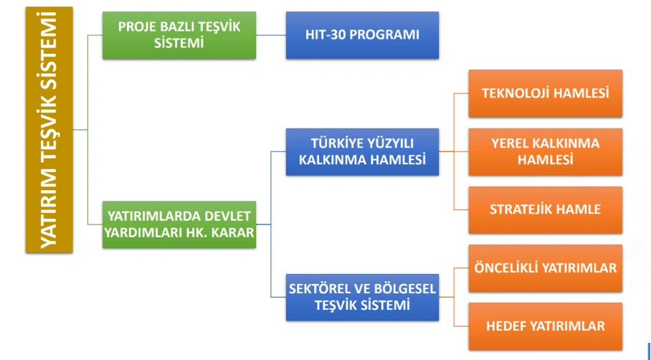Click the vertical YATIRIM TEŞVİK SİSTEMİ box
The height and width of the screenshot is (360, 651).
[x=49, y=130]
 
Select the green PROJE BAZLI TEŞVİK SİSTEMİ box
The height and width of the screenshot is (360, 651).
[x=179, y=35]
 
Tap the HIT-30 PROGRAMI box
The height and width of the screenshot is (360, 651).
[x=362, y=35]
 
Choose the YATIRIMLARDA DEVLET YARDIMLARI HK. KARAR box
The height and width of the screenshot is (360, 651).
[x=179, y=224]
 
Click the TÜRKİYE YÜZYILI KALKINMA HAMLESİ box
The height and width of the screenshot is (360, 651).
[x=362, y=151]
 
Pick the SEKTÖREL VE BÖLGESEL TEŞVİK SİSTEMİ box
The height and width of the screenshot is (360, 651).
[x=362, y=298]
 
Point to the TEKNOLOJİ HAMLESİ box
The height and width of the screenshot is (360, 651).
[x=545, y=93]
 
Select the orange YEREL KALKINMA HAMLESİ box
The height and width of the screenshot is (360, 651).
[x=545, y=151]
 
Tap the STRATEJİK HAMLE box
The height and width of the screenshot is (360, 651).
[x=545, y=209]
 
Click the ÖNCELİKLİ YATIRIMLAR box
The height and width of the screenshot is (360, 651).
[x=545, y=268]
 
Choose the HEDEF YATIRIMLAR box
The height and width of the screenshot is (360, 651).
[x=545, y=326]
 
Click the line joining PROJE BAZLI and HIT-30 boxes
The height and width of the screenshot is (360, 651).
[x=271, y=35]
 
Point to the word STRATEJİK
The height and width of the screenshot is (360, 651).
[x=519, y=209]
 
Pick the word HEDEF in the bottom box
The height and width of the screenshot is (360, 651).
[x=507, y=326]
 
